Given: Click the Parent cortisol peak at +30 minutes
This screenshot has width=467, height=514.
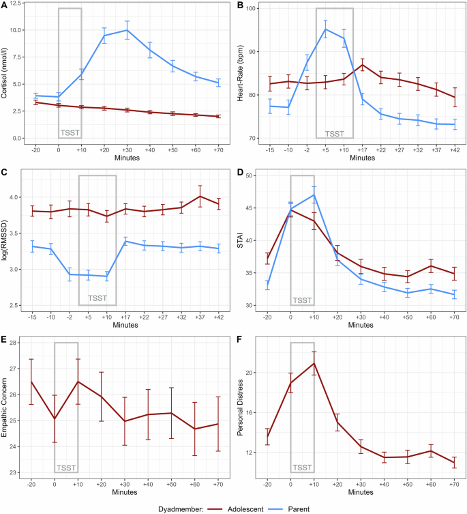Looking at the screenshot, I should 127,30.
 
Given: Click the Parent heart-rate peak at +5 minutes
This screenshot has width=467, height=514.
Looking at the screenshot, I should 325,29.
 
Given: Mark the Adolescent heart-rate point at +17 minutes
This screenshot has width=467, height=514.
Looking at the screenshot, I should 362,65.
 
